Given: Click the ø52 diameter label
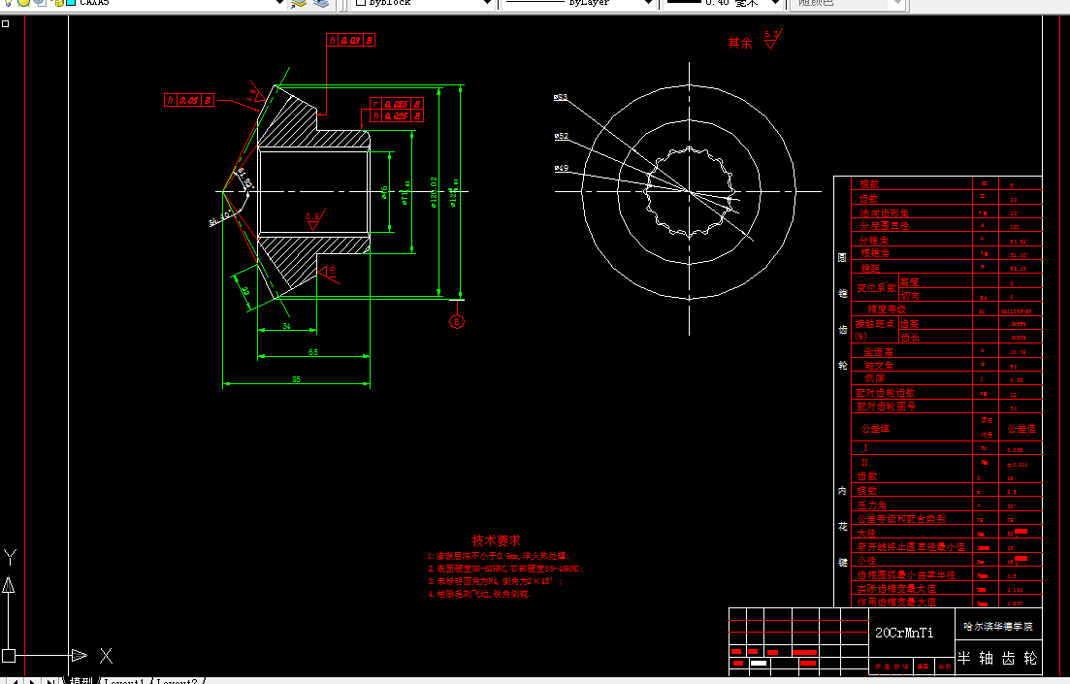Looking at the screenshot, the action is pyautogui.click(x=562, y=136).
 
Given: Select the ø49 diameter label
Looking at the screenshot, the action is pyautogui.click(x=562, y=168).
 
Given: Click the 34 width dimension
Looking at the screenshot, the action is pyautogui.click(x=286, y=327).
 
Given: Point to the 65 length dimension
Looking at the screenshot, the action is pyautogui.click(x=313, y=351).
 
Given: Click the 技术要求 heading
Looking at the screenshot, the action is pyautogui.click(x=497, y=540).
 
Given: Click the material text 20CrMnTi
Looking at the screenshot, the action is pyautogui.click(x=904, y=633).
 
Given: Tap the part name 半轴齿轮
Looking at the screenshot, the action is pyautogui.click(x=997, y=658).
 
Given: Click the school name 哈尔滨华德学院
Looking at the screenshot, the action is pyautogui.click(x=998, y=627).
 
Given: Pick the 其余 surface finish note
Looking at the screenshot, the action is pyautogui.click(x=740, y=43).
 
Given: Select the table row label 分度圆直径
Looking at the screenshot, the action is pyautogui.click(x=885, y=225).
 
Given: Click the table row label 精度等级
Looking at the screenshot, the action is pyautogui.click(x=887, y=309).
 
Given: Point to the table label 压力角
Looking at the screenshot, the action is pyautogui.click(x=871, y=505).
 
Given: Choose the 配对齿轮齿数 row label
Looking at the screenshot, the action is pyautogui.click(x=885, y=393).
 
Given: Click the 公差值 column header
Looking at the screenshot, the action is pyautogui.click(x=1021, y=428).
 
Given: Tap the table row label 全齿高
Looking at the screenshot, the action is pyautogui.click(x=878, y=352).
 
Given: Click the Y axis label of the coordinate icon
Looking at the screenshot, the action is pyautogui.click(x=10, y=557).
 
